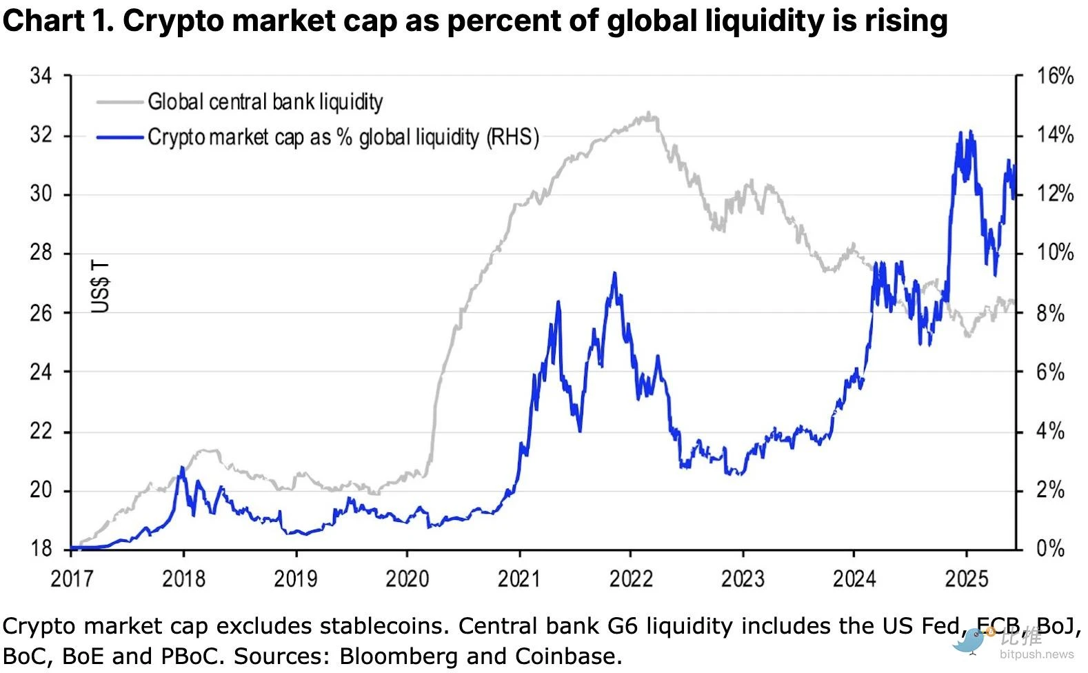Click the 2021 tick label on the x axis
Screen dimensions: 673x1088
[x=519, y=578]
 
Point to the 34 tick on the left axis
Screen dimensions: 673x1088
[x=41, y=76]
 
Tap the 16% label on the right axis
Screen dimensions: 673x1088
[x=1055, y=76]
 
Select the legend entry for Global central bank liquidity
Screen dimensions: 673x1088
[x=265, y=102]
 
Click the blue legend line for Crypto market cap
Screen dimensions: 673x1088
[x=120, y=137]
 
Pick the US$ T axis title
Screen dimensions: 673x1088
[x=101, y=287]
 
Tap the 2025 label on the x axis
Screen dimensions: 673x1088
[x=965, y=578]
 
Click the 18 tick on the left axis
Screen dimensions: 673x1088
[x=41, y=549]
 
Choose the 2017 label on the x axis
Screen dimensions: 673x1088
[x=72, y=578]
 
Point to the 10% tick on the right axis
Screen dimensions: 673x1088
[x=1055, y=253]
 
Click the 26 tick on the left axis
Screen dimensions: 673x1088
[x=41, y=313]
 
